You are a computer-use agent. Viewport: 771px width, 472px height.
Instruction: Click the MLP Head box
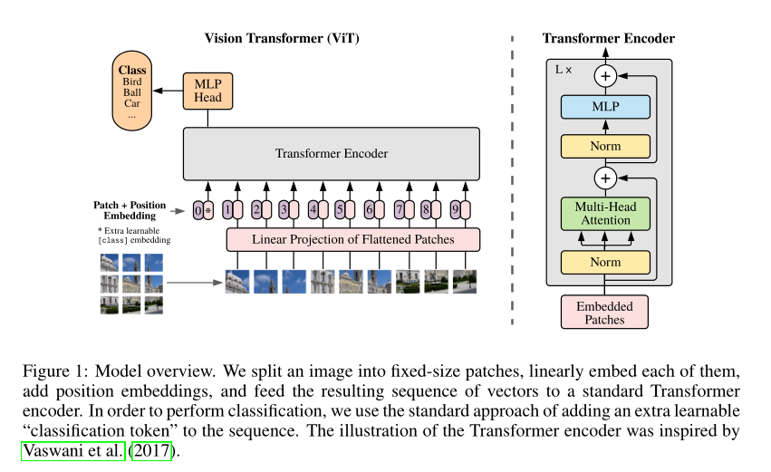[208, 91]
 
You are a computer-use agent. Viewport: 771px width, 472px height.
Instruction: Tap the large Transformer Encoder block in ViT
[332, 153]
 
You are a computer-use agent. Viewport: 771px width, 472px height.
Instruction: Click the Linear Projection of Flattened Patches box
[352, 239]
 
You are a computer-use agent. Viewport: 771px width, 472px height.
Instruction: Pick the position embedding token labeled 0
[198, 211]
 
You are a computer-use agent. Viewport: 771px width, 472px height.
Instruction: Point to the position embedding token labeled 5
[339, 211]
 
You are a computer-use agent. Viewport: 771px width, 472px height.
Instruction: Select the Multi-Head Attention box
[605, 213]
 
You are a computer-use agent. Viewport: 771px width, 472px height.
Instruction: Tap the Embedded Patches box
[605, 312]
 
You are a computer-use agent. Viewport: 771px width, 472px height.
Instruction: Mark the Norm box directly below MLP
[605, 145]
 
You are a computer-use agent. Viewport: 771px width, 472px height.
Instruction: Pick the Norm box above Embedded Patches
[605, 263]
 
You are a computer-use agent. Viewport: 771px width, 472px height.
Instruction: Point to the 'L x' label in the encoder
[564, 69]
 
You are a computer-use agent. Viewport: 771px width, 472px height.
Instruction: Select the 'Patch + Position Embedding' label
[130, 210]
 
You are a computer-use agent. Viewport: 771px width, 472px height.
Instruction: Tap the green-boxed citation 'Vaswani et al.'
[72, 449]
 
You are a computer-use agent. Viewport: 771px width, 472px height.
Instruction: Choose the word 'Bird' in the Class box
[132, 82]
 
